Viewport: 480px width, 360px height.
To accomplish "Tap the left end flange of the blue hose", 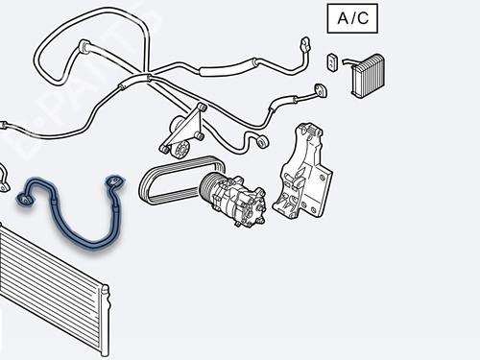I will (24, 199).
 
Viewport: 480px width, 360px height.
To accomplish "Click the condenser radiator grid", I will (48, 288).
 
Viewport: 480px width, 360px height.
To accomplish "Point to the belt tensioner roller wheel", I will (177, 148).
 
